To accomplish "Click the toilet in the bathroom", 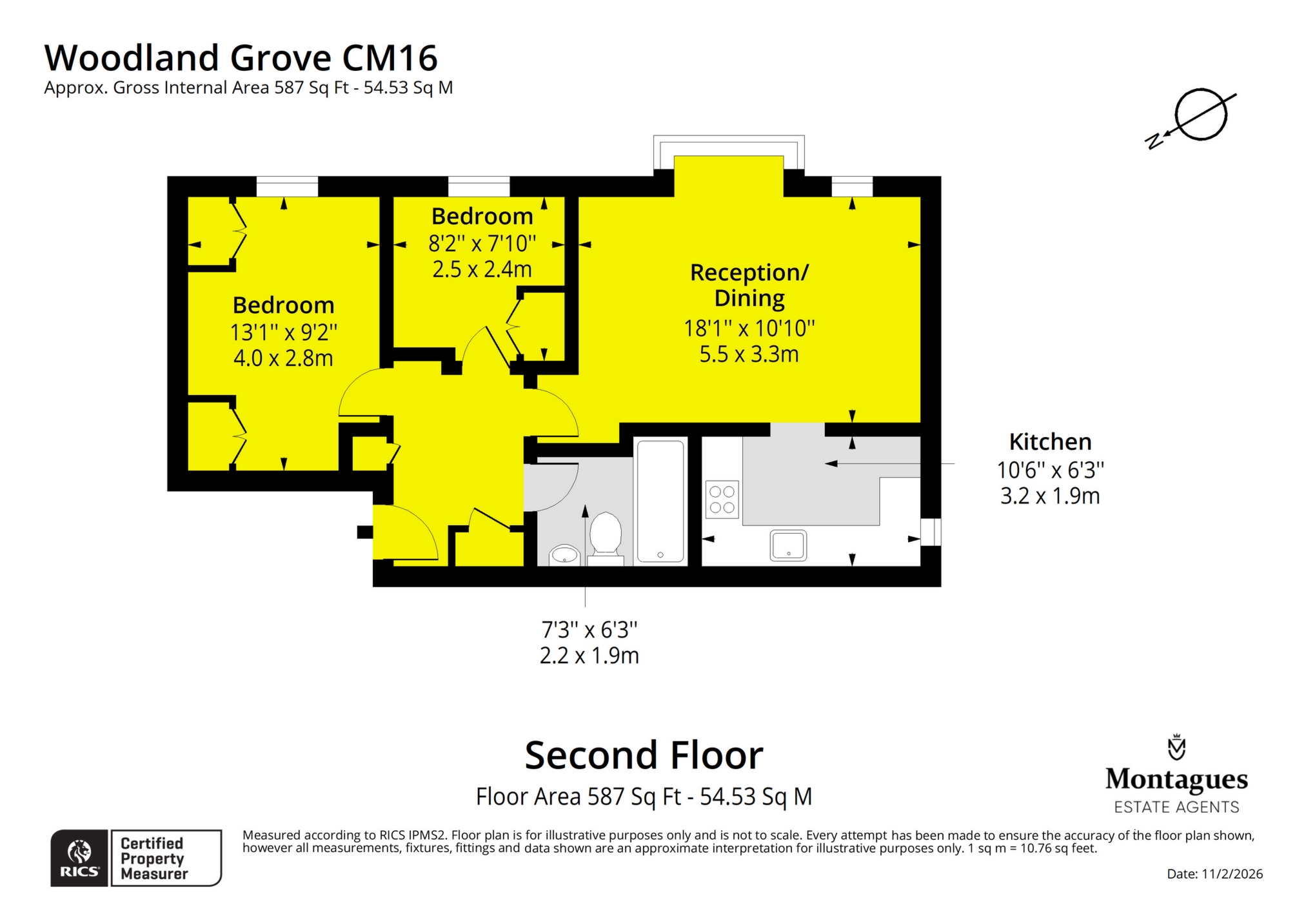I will click(605, 535).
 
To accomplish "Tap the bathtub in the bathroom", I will click(660, 501).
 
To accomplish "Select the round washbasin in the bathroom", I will click(565, 554).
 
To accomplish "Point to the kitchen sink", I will click(787, 545).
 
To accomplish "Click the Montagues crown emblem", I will click(1176, 748).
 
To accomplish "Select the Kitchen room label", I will click(1050, 442).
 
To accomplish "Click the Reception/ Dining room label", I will click(749, 285).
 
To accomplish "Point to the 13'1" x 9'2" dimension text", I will click(284, 333).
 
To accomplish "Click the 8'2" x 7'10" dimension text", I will click(482, 244).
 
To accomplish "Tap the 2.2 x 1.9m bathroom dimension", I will click(589, 656).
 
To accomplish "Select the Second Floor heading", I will click(644, 755).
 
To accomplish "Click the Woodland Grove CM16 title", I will click(241, 58).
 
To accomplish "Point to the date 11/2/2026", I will click(1214, 874).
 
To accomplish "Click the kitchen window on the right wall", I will click(930, 532).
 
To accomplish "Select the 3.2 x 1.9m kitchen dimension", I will click(1050, 496).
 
